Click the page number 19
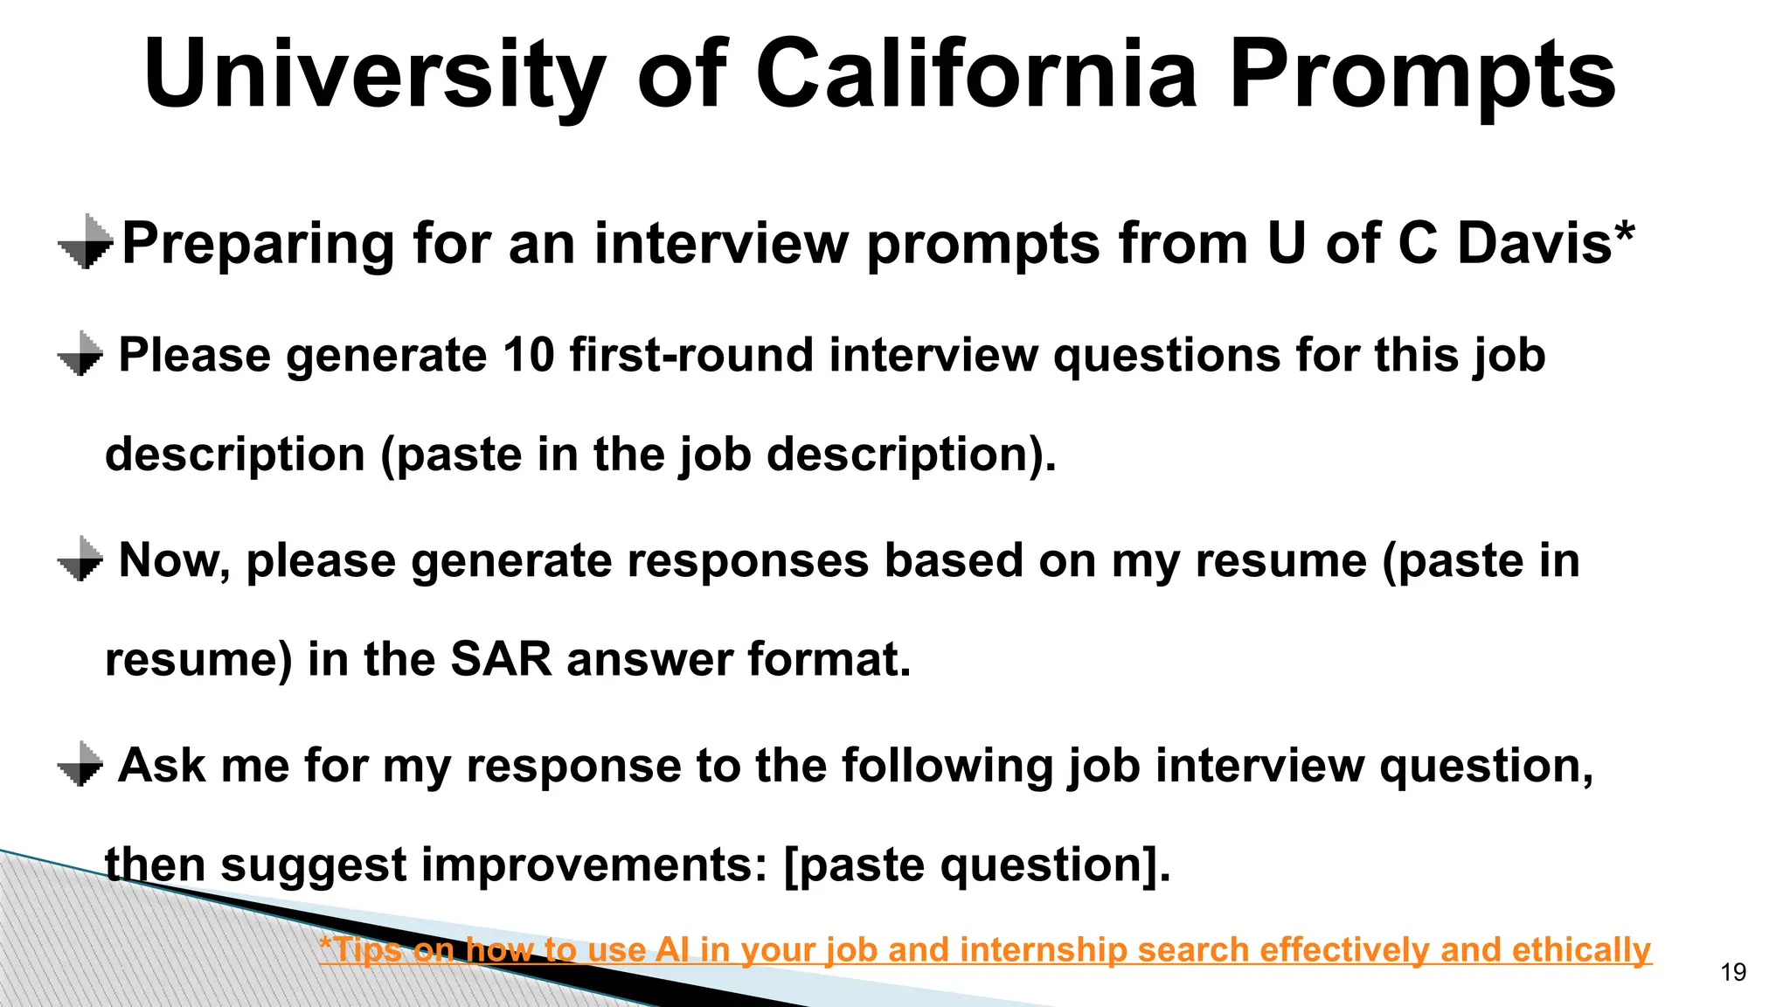(1733, 972)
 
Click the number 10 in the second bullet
(528, 355)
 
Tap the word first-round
(690, 355)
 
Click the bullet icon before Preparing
(86, 242)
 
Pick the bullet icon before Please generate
(80, 354)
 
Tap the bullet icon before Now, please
(80, 559)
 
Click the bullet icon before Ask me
(80, 765)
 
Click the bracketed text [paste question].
(977, 865)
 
